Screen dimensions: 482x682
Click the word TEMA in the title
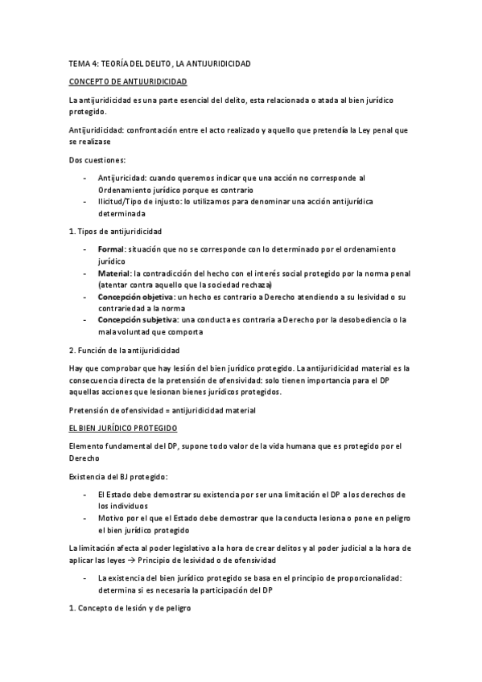click(x=79, y=62)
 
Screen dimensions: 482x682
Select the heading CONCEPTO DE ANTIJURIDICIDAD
click(x=129, y=82)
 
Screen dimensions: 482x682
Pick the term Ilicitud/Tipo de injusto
click(x=134, y=199)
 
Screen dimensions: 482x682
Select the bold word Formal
click(x=110, y=250)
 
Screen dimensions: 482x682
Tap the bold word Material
click(x=113, y=273)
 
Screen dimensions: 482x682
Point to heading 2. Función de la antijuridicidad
click(x=125, y=351)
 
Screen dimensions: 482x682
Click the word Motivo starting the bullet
click(x=111, y=519)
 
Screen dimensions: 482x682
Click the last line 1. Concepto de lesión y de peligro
click(x=129, y=609)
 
